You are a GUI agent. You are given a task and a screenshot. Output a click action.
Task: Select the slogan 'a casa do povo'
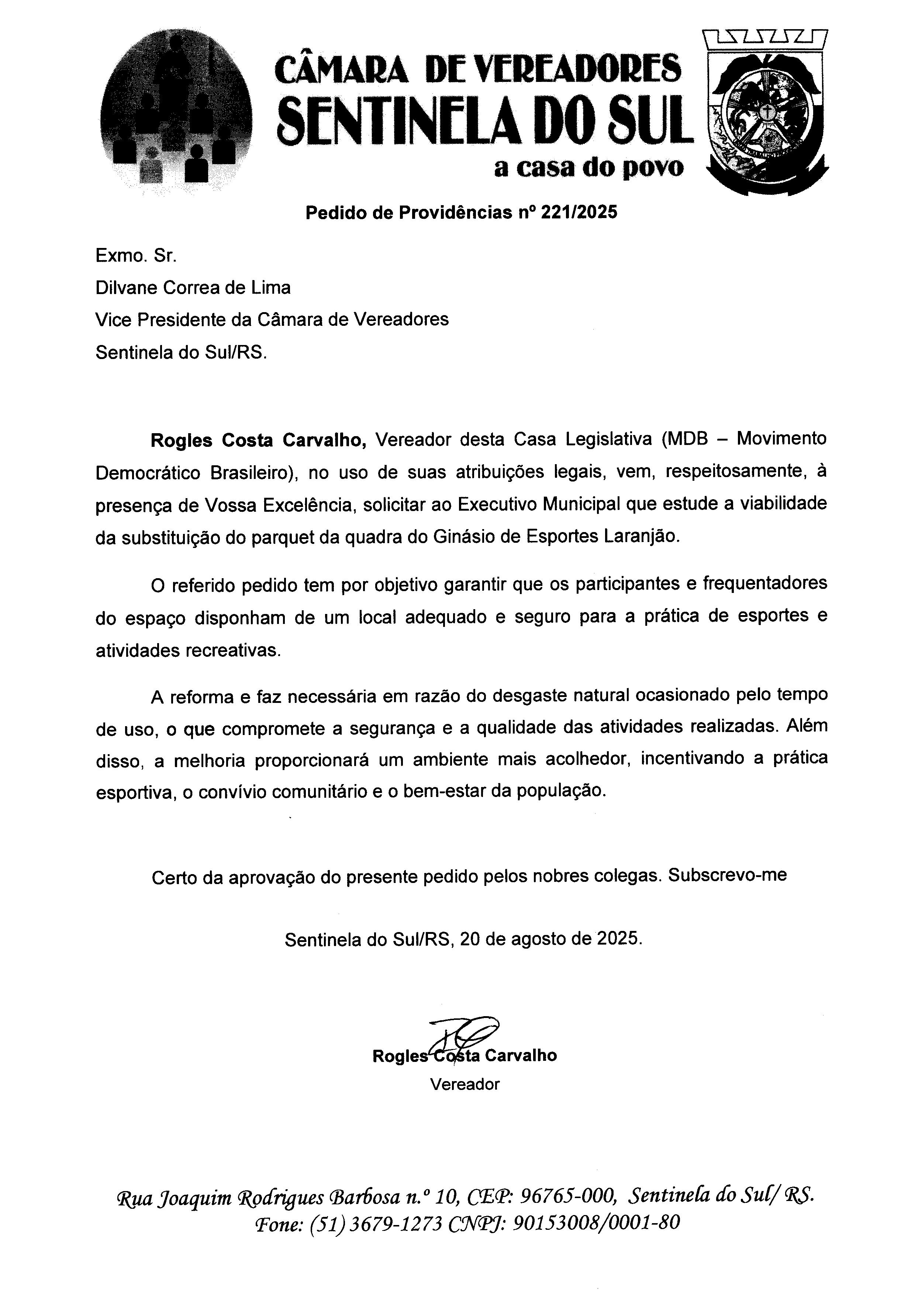(x=589, y=168)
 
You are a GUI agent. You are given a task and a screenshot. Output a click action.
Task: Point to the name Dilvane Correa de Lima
(x=193, y=288)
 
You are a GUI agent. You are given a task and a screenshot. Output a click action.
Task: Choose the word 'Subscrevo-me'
(x=727, y=875)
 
